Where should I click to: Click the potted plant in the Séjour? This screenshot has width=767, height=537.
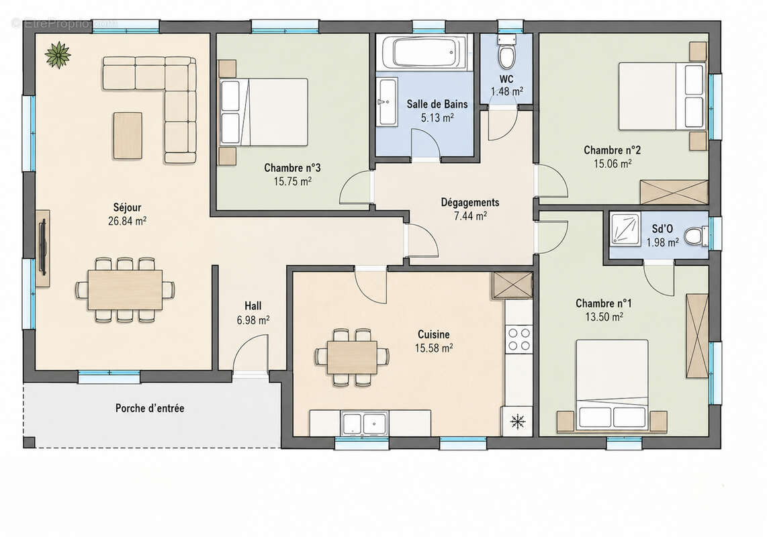[x=58, y=55]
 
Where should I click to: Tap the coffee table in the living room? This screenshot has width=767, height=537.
[x=128, y=136]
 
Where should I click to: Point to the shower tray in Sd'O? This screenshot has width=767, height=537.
[x=625, y=228]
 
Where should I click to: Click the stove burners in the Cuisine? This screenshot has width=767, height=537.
[x=518, y=339]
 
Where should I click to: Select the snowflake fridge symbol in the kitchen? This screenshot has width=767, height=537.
[x=518, y=421]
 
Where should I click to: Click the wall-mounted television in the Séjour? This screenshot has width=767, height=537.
[x=42, y=248]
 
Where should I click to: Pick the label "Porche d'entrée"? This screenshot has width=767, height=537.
[x=150, y=408]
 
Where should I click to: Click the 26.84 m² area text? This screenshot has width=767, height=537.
[x=127, y=221]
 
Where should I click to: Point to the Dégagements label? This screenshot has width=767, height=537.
[x=470, y=202]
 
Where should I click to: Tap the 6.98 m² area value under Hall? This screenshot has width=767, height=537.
[x=253, y=320]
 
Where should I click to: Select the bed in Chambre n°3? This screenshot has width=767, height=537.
[x=264, y=112]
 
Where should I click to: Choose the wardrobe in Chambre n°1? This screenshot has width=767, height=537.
[x=697, y=336]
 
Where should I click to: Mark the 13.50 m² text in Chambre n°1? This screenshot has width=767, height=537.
[x=604, y=317]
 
